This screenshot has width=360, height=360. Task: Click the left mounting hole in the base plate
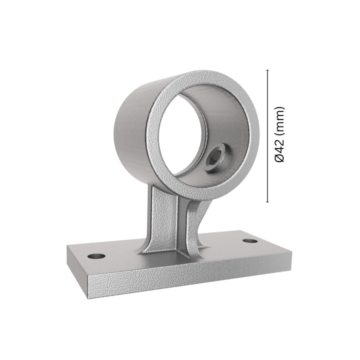pos(97,255)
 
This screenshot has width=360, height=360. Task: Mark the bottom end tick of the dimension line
pos(268,203)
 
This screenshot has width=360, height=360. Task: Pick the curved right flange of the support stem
pos(192,225)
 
